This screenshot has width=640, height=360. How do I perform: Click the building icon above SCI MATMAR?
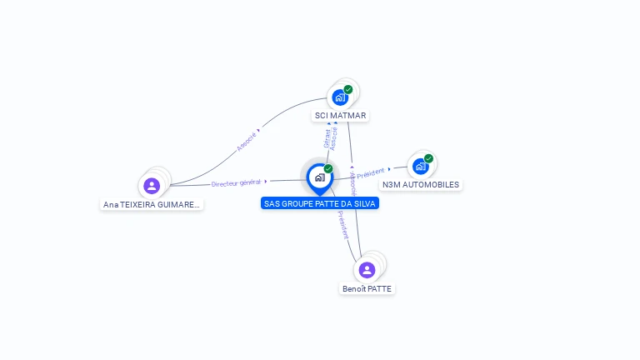pos(340,97)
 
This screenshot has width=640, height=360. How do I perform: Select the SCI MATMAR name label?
pos(340,116)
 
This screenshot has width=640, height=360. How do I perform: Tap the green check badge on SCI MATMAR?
pos(348,89)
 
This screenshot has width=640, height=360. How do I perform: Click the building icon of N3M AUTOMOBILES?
pos(421,166)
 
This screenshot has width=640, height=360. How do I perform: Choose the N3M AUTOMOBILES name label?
pos(421,184)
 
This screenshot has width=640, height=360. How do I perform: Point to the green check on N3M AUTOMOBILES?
pos(428,158)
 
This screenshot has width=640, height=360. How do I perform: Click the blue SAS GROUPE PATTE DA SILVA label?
pos(320,203)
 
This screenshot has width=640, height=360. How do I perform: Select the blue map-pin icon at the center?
pos(319,177)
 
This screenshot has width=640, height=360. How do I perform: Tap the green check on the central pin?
pos(328,169)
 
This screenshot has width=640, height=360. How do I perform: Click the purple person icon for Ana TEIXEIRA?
pos(152,186)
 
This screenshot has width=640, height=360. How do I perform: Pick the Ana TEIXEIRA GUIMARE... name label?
pos(152,204)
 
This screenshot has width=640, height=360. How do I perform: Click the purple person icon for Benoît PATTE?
pos(367,270)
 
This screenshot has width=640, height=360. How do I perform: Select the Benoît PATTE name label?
pos(367,289)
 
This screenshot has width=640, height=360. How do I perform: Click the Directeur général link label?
pos(236,182)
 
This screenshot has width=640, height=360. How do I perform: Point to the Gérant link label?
pos(327,138)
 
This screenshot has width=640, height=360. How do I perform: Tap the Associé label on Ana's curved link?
pos(246,142)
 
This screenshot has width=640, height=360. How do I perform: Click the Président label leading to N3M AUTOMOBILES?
pos(371,172)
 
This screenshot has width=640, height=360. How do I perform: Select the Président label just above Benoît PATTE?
pos(342,224)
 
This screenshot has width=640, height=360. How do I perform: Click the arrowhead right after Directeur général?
pos(266,181)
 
